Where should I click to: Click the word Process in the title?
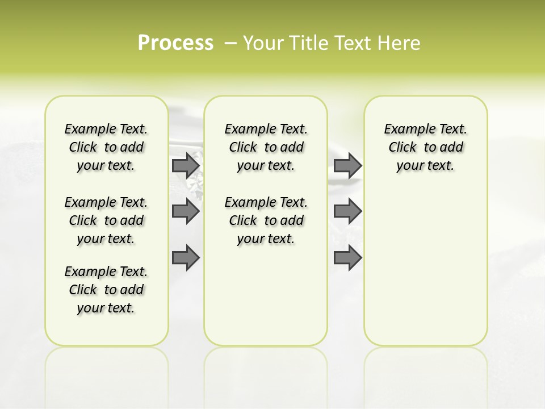click(175, 43)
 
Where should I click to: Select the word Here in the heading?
click(400, 43)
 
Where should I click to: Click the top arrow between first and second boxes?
click(185, 165)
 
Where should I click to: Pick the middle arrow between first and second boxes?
click(185, 211)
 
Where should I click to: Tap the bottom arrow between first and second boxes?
click(185, 258)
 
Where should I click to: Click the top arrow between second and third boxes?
click(347, 165)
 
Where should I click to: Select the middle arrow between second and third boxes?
click(347, 211)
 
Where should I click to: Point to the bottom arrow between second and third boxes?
click(347, 258)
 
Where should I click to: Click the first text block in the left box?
click(106, 147)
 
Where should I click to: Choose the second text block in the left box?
click(106, 220)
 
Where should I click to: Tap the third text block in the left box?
click(106, 290)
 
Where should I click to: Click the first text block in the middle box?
click(266, 147)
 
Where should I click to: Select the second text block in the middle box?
click(266, 220)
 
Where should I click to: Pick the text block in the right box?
click(426, 147)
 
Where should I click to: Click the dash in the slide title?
click(230, 43)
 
